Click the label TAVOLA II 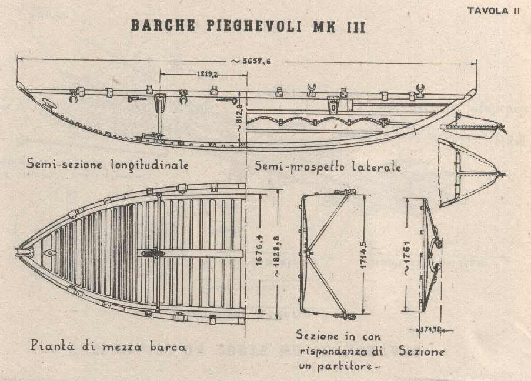click(493, 11)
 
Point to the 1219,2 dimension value click(206, 75)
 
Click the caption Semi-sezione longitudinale click(108, 165)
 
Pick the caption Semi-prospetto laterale click(328, 166)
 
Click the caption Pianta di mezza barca click(107, 347)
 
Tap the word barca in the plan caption click(168, 347)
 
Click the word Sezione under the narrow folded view click(422, 351)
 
